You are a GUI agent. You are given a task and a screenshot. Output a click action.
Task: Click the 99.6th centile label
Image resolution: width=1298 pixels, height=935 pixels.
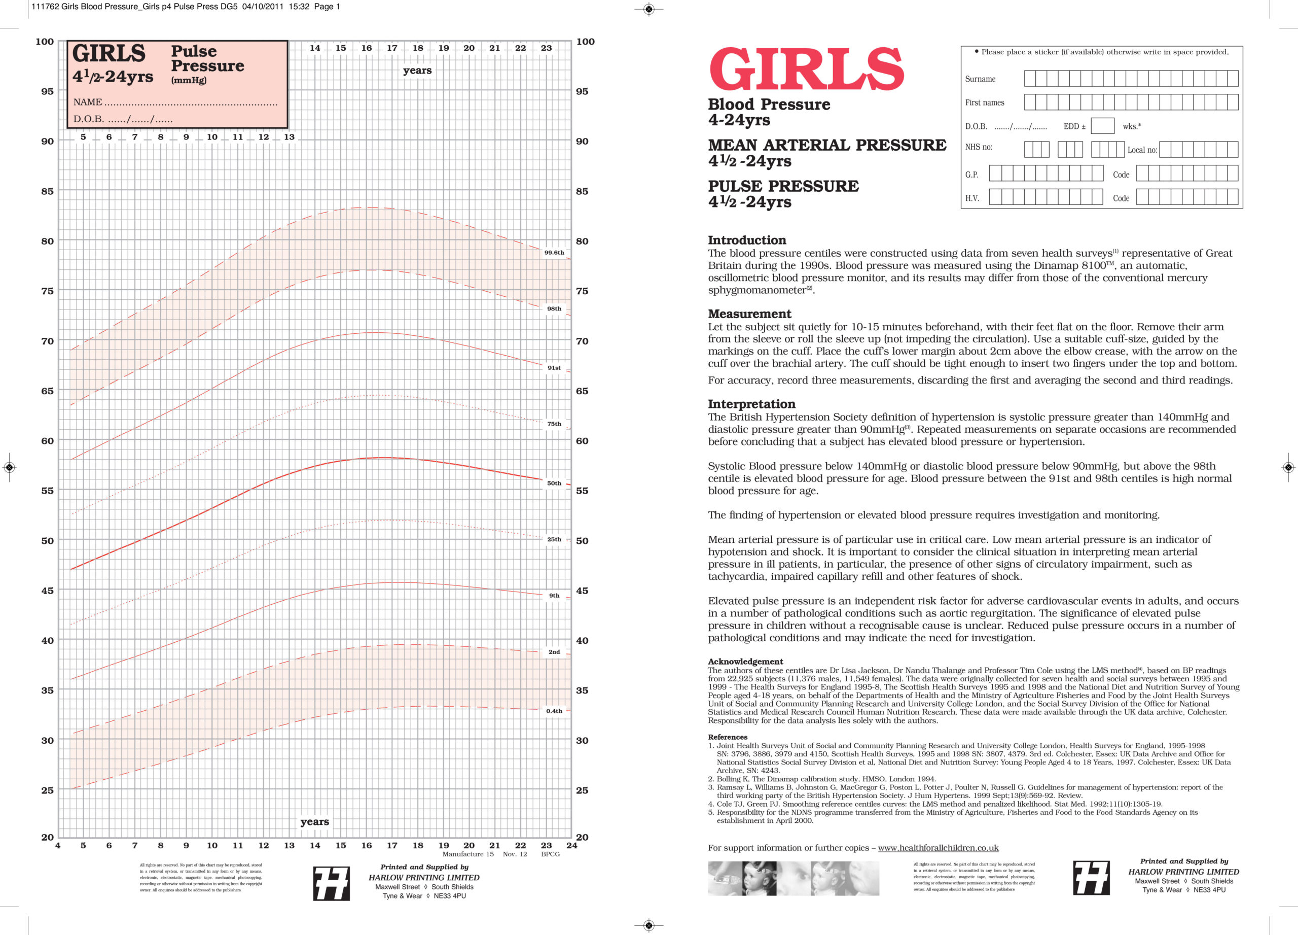[x=553, y=253]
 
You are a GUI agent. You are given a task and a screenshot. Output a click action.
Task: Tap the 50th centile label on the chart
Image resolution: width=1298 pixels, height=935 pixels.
[x=553, y=483]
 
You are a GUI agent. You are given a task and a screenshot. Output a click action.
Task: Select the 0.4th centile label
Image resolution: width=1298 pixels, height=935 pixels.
[x=553, y=711]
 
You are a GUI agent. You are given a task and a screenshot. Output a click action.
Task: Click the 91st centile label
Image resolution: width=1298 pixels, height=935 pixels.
[x=553, y=368]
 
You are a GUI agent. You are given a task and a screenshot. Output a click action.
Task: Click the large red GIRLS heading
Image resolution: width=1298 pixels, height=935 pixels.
[x=806, y=70]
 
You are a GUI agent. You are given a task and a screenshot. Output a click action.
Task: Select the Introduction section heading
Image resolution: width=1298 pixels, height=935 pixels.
[x=746, y=240]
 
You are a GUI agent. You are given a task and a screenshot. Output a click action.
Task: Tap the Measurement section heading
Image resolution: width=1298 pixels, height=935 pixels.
[x=749, y=314]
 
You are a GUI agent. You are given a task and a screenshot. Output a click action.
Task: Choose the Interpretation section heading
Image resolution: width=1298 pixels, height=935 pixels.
[x=751, y=404]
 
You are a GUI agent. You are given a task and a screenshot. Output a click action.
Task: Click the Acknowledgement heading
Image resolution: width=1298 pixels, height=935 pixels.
[x=745, y=662]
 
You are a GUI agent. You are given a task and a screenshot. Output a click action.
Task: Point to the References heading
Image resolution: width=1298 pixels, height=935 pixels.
[x=728, y=737]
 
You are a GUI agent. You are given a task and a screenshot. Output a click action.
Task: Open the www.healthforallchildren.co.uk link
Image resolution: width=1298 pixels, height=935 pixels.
[x=938, y=848]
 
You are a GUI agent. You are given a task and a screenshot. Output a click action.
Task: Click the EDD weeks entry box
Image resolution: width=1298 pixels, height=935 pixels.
[x=1102, y=126]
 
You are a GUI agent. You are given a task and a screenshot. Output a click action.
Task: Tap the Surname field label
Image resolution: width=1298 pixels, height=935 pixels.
[x=980, y=79]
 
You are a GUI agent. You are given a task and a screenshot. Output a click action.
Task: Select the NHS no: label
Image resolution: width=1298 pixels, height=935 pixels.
[x=978, y=147]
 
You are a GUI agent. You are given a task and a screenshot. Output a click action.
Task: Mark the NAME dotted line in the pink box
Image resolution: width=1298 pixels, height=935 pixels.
[x=190, y=103]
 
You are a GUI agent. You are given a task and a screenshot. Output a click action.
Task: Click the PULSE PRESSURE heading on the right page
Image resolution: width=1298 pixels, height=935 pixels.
[x=783, y=186]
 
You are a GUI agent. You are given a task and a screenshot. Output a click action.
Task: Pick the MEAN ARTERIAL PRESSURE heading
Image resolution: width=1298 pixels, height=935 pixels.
[x=826, y=145]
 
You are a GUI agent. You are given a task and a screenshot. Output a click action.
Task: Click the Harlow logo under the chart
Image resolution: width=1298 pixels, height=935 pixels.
[x=332, y=883]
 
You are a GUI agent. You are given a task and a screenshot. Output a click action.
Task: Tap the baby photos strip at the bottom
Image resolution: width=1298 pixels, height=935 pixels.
[x=792, y=878]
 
